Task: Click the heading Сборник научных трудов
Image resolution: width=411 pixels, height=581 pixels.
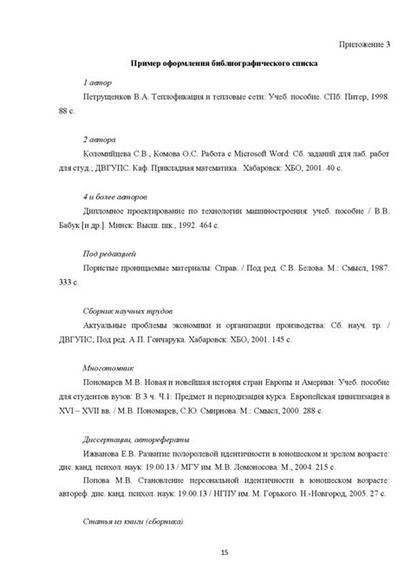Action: click(x=127, y=309)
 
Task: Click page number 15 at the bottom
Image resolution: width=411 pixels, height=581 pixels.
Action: click(x=224, y=553)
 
